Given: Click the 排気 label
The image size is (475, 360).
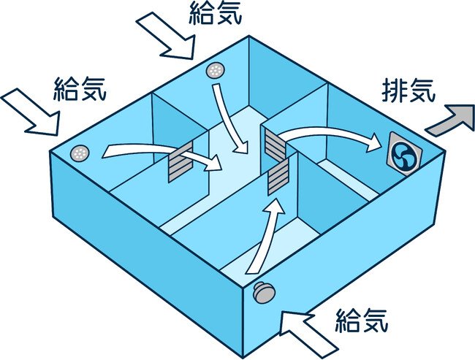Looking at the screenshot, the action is point(408,91).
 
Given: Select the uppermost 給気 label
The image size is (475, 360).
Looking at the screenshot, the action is point(216,13).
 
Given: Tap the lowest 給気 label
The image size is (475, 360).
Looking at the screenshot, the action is point(362,321).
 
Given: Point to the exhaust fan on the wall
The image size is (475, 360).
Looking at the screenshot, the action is point(404,154).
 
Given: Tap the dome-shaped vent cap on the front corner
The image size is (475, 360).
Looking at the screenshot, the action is point(264,292).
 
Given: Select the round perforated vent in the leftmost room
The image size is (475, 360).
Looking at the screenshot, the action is point(80,153).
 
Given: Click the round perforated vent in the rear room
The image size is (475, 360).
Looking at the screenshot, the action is point(216,71).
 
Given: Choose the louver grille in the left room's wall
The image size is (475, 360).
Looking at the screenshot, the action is point(180,162).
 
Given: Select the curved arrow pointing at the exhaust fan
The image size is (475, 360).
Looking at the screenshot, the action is point(329,137).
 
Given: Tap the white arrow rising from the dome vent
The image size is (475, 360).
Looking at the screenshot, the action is point(264,237).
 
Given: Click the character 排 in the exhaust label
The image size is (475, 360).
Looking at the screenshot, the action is point(393,91).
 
